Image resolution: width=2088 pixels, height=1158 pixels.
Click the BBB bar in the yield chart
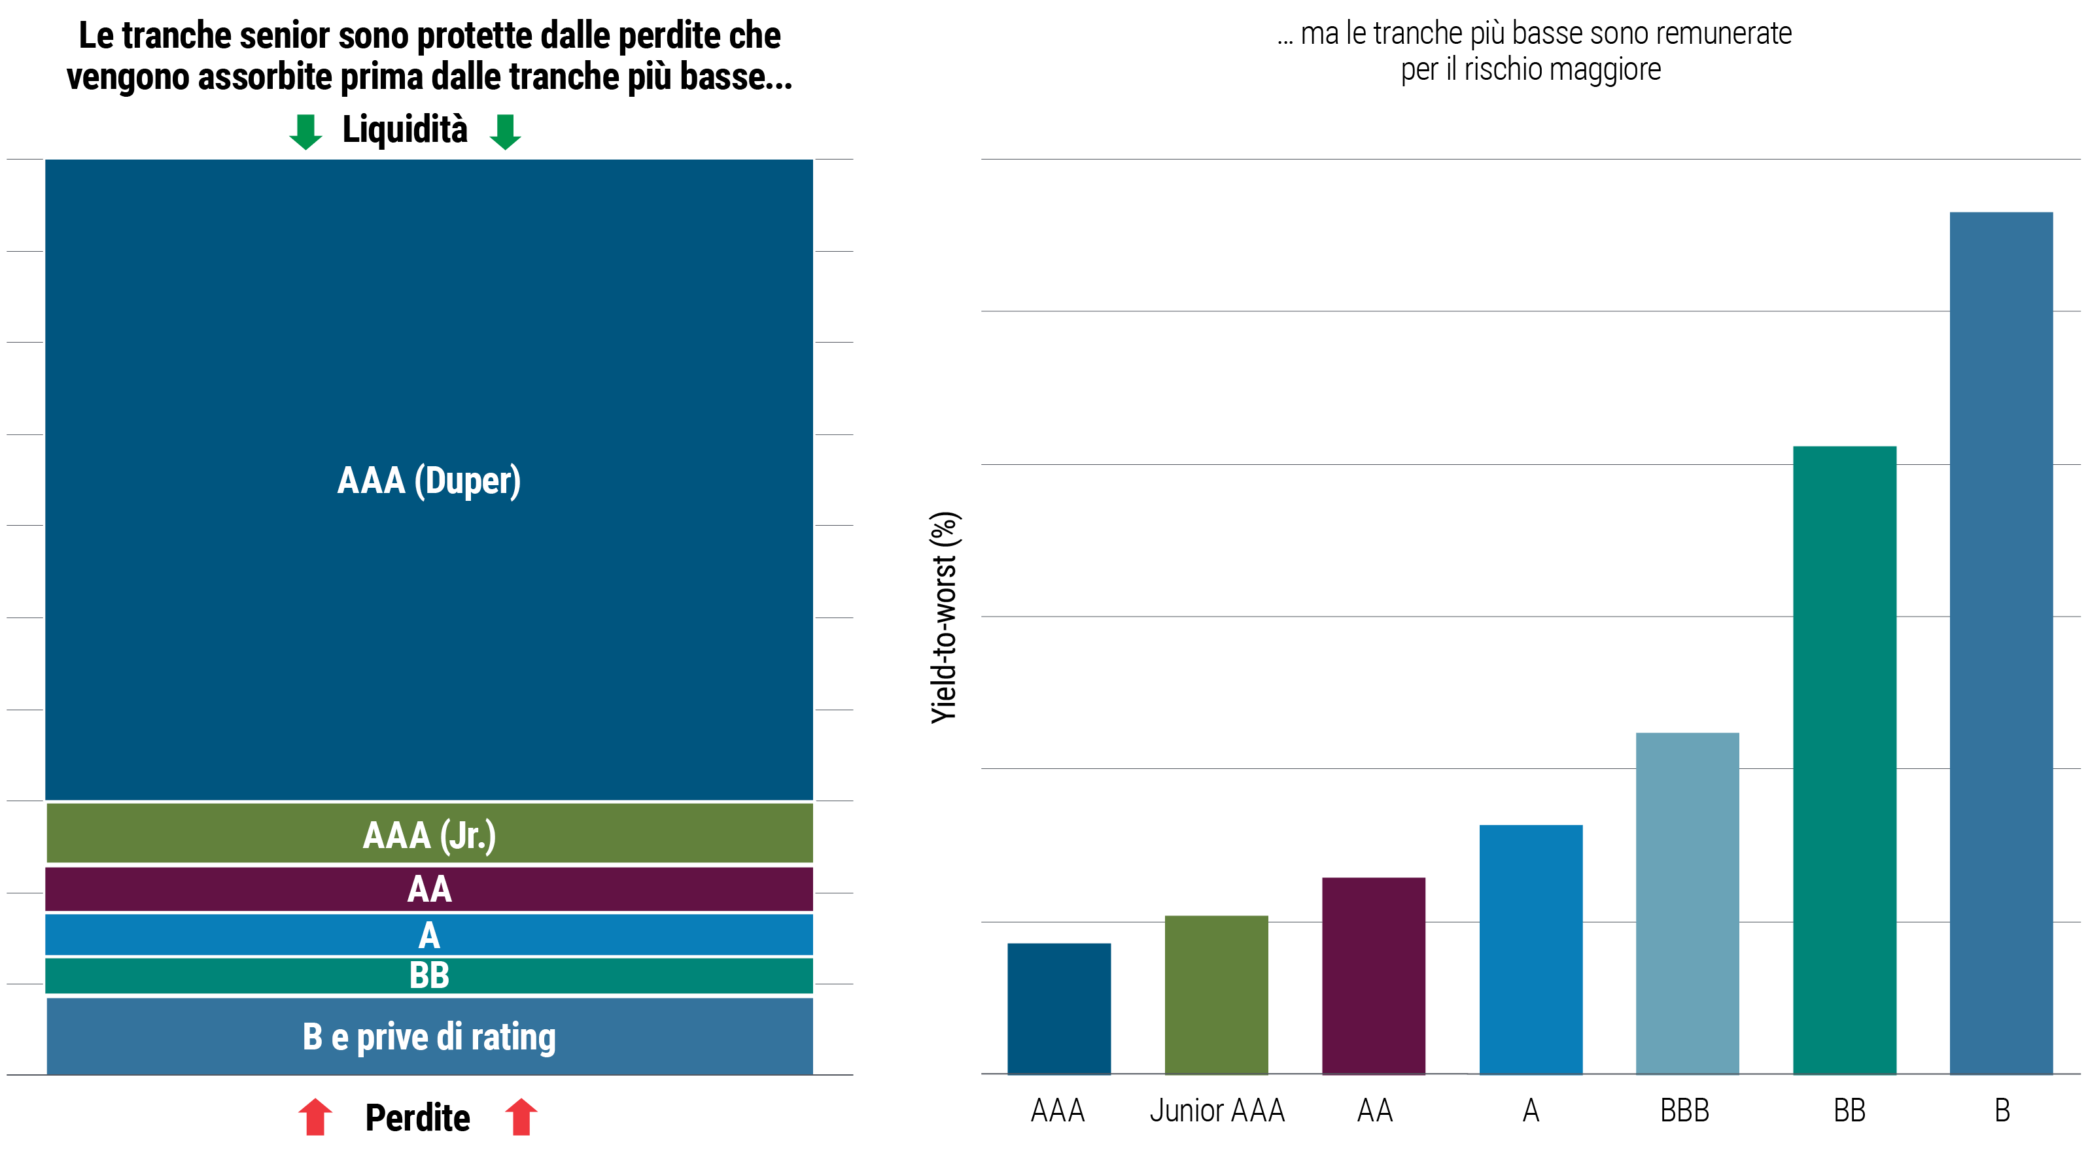coord(1687,903)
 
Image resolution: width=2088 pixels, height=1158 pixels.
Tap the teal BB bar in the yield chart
coord(1844,759)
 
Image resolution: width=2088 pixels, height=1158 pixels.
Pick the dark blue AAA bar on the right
coord(1058,1008)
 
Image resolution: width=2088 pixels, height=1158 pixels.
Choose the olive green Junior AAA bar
coord(1216,995)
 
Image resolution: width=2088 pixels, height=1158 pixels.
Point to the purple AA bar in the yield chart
coord(1373,976)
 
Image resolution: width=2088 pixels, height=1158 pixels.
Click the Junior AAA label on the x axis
coord(1217,1110)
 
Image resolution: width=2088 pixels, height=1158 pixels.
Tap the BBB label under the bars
coord(1684,1110)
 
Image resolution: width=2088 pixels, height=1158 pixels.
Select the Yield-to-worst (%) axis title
coord(945,617)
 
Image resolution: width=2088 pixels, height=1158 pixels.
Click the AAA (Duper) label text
coord(429,481)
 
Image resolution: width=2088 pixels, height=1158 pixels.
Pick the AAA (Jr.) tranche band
coord(429,834)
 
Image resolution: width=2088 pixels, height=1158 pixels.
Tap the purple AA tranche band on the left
coord(429,889)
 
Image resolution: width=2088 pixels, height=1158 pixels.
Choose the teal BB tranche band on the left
coord(429,976)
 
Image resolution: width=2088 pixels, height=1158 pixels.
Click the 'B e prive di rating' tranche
coord(429,1036)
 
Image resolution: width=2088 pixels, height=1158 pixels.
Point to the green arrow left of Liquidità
coord(305,131)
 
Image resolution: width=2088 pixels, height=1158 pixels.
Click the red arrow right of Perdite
coord(521,1117)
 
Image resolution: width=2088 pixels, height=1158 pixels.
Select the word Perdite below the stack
coord(417,1117)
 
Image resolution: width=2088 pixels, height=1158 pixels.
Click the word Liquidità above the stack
coord(404,129)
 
